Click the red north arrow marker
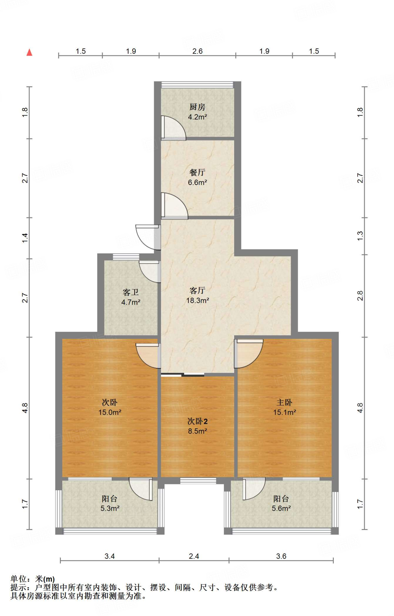(29, 52)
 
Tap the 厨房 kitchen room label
(197, 107)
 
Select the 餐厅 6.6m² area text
(197, 182)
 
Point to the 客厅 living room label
(197, 290)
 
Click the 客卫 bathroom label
(131, 292)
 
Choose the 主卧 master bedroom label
(284, 402)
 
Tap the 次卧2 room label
(197, 421)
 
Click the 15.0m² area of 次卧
(110, 412)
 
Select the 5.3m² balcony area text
(110, 508)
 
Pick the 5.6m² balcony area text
(281, 508)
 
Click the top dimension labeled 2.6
(197, 51)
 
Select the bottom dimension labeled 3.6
(281, 556)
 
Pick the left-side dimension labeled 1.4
(25, 238)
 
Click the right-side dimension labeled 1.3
(360, 236)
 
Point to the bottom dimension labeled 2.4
(194, 556)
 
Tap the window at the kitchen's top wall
(197, 85)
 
